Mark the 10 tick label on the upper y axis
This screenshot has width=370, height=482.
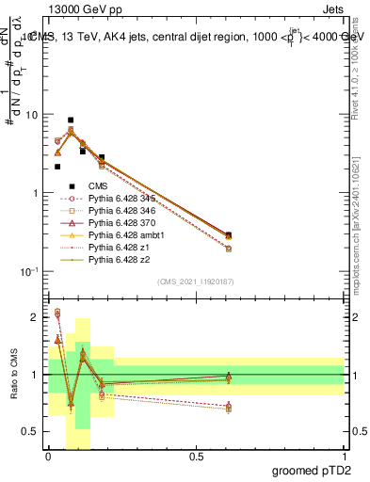point(32,115)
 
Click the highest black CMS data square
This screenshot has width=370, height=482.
point(71,120)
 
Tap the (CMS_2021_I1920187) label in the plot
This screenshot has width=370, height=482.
point(196,281)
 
